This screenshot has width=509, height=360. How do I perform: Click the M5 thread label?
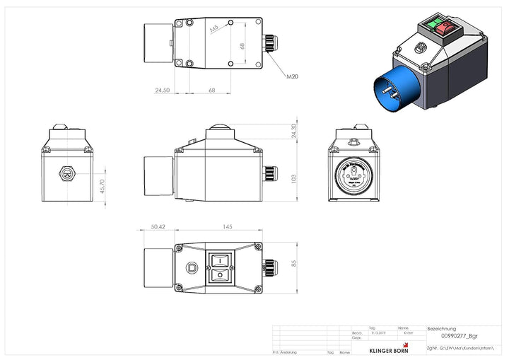coord(213,28)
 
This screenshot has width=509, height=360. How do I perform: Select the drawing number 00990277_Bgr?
coord(450,338)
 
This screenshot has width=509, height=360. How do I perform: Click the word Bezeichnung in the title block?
coord(442,329)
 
